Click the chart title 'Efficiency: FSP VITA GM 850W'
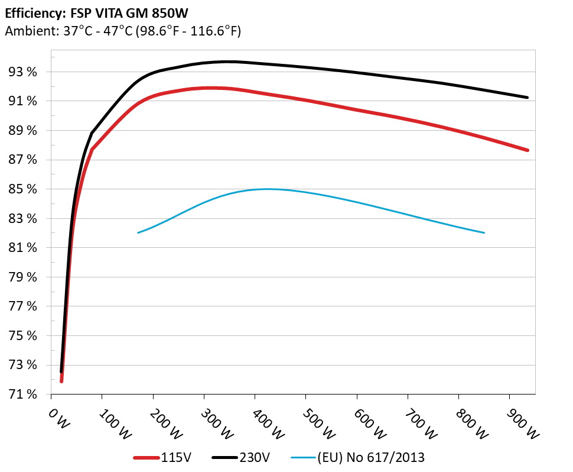93,12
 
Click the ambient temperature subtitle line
122,31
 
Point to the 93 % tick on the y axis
23,72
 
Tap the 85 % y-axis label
23,189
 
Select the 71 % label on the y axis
23,395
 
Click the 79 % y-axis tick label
23,277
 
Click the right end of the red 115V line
527,150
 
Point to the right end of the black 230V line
527,98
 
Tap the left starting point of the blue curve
138,232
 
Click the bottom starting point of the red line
61,381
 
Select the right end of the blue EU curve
484,232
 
